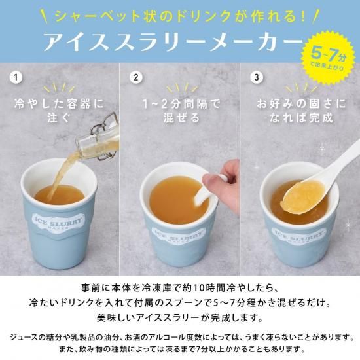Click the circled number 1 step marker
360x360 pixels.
pyautogui.click(x=16, y=77)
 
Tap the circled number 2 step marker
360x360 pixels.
pyautogui.click(x=136, y=77)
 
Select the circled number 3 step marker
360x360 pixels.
pyautogui.click(x=257, y=77)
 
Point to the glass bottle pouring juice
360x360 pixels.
pyautogui.click(x=101, y=137)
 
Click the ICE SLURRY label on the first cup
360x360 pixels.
pyautogui.click(x=58, y=221)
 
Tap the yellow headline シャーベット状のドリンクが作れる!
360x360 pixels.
pyautogui.click(x=180, y=16)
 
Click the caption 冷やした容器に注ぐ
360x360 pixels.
pyautogui.click(x=59, y=111)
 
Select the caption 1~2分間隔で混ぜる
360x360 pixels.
pyautogui.click(x=181, y=111)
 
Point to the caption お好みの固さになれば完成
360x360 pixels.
pyautogui.click(x=301, y=111)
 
